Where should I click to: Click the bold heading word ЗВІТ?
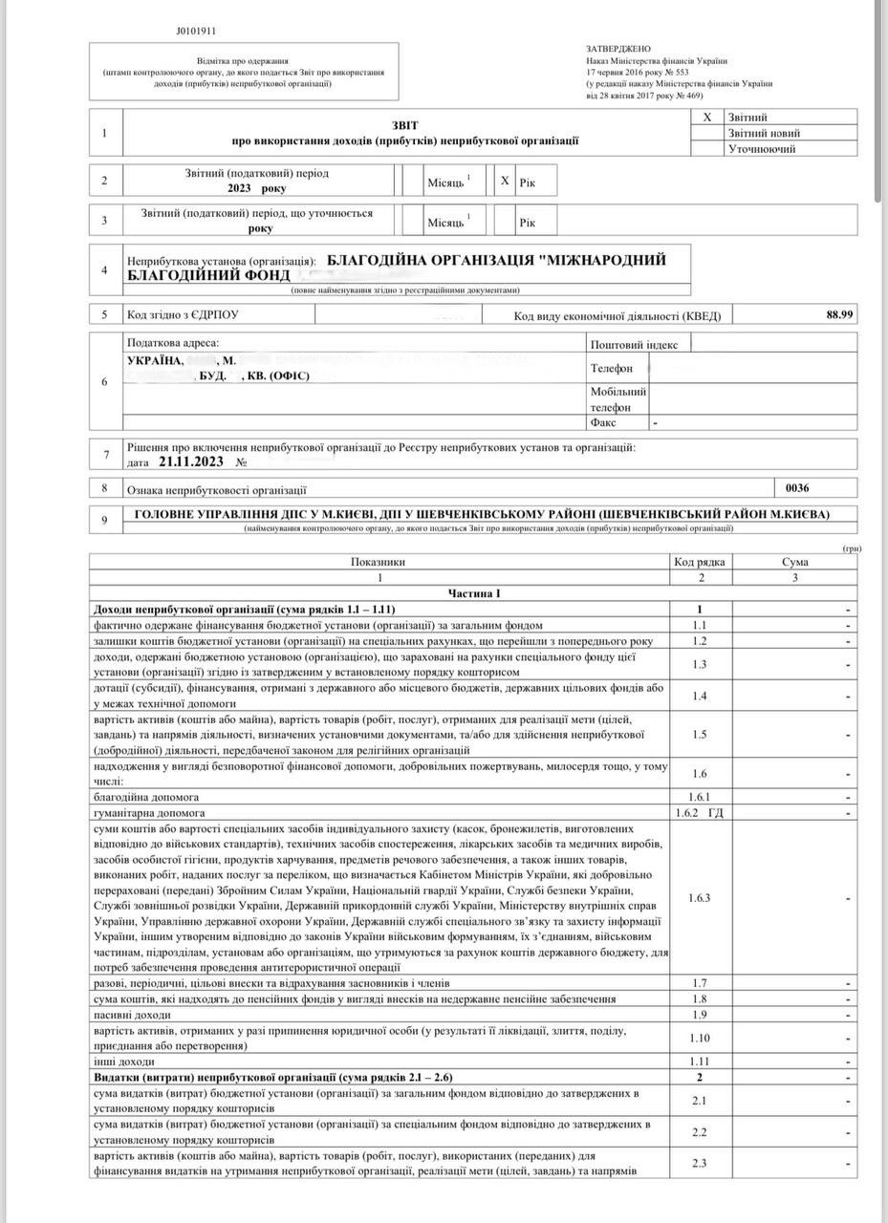(x=404, y=125)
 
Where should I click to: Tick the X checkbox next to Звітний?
(x=707, y=117)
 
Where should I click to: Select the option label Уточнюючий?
(x=762, y=149)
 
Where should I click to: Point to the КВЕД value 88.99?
(x=839, y=314)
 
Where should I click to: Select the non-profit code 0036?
(x=796, y=487)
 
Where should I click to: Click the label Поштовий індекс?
(x=634, y=344)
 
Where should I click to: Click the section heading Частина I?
(x=474, y=593)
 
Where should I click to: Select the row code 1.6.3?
(x=699, y=898)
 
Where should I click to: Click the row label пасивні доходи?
(x=131, y=1014)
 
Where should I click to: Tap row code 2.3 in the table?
(x=699, y=1162)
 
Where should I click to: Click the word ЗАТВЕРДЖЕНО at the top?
(x=617, y=48)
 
